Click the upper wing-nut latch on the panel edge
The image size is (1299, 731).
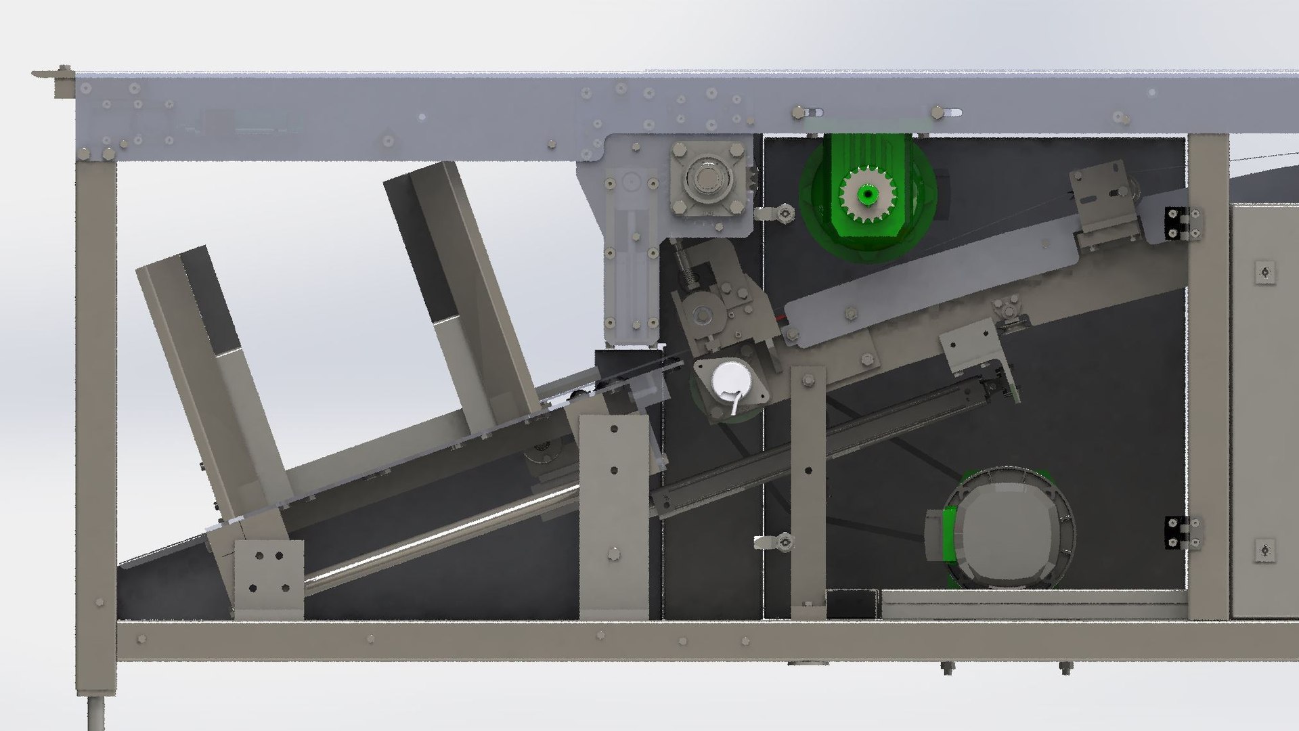pyautogui.click(x=778, y=213)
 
